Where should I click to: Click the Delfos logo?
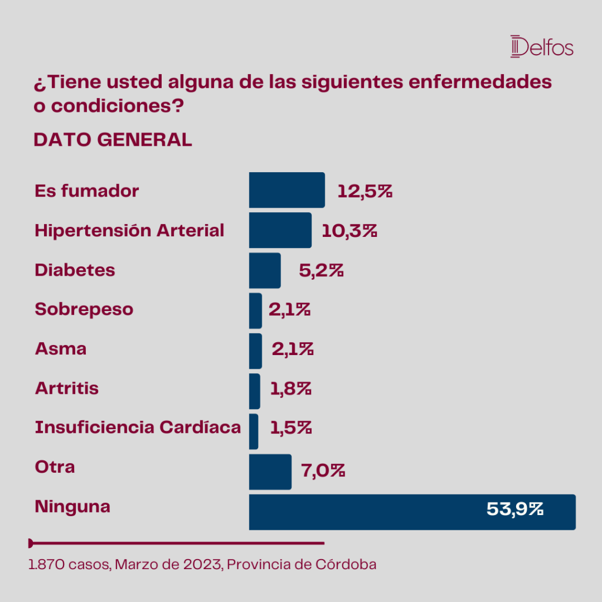point(541,46)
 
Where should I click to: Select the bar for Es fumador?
point(287,190)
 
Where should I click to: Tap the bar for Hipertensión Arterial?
point(280,230)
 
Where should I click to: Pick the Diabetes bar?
point(265,270)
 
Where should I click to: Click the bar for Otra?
point(270,472)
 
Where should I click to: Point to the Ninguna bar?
point(412,512)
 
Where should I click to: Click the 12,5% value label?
point(364,191)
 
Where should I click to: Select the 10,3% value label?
point(349,231)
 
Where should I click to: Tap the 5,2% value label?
point(321,270)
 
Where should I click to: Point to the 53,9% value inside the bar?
point(515,510)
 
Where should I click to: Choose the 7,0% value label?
point(323,471)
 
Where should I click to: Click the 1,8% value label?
point(290,389)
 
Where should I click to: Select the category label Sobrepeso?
point(84,309)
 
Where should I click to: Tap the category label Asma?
point(61,349)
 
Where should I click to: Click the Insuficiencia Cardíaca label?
point(138,427)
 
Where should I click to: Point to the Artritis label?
point(67,388)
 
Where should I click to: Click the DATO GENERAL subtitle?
point(113,140)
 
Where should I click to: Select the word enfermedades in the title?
point(480,82)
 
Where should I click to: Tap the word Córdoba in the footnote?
point(346,564)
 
